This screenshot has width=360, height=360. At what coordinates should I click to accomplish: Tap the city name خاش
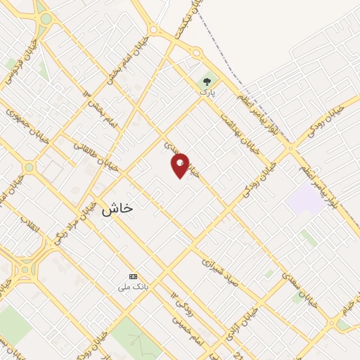[117, 208]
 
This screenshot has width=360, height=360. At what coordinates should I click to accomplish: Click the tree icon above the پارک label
[207, 82]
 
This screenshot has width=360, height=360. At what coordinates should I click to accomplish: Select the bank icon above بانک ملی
[133, 276]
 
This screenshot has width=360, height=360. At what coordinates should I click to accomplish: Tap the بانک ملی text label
[133, 287]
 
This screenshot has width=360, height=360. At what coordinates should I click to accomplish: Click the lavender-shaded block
[305, 199]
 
